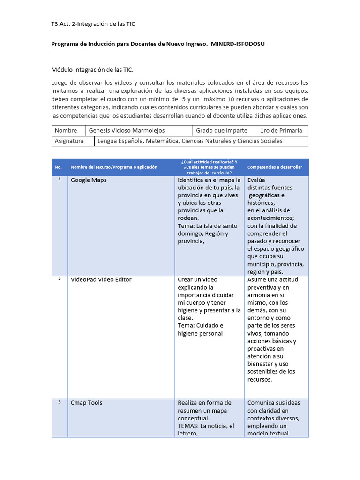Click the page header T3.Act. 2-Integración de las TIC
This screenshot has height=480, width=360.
pos(93,23)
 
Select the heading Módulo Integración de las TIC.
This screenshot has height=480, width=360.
pos(92,70)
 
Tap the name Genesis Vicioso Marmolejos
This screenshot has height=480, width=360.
pos(127,130)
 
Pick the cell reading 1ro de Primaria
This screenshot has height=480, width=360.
pos(281,130)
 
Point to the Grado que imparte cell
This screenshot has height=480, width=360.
pos(222,130)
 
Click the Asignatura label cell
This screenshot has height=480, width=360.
pos(69,141)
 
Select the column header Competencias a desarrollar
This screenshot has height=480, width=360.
pos(275,167)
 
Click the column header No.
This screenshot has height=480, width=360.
pos(59,167)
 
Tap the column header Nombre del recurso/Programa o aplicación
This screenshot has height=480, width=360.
pos(114,167)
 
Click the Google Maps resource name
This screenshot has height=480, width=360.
pos(89,180)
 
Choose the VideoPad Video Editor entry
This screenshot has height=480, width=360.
pos(101,279)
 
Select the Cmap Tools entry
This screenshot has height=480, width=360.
pos(86,403)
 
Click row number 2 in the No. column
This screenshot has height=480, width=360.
pos(60,279)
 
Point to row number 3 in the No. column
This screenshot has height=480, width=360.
pos(60,402)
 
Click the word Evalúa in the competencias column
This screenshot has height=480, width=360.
pos(256,180)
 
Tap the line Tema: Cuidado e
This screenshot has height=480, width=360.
pos(201,325)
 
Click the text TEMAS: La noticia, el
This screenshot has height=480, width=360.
pos(206,426)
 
